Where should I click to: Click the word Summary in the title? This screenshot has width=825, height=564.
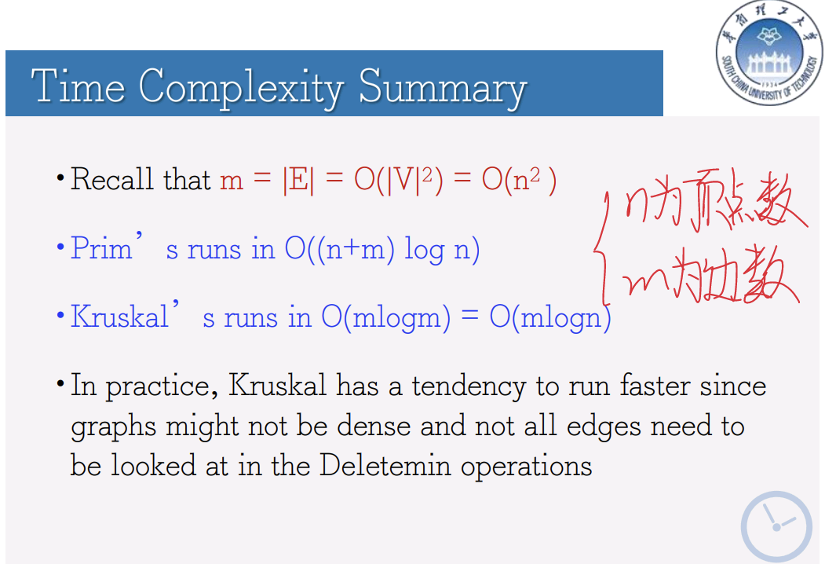point(443,88)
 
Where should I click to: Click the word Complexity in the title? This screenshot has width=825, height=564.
point(241,88)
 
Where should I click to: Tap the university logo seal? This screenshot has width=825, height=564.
point(769,53)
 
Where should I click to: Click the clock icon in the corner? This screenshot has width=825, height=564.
point(776,526)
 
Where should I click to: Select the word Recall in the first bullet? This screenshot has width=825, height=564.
point(112,179)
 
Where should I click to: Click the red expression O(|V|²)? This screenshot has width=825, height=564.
point(398,180)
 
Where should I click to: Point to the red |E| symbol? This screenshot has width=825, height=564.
point(298,180)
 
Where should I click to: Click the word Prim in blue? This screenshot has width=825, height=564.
point(101,247)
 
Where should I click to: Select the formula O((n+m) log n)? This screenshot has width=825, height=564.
point(382,249)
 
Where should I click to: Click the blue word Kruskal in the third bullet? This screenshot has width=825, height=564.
point(119,317)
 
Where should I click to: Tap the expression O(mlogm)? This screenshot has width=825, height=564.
point(386,317)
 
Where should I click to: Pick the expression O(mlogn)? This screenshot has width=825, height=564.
point(550,317)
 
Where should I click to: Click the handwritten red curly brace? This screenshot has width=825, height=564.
point(603,247)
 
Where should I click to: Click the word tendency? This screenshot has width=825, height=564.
point(469,386)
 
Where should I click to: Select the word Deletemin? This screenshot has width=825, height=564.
point(385,466)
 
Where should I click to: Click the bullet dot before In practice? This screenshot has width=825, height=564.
point(60,383)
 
